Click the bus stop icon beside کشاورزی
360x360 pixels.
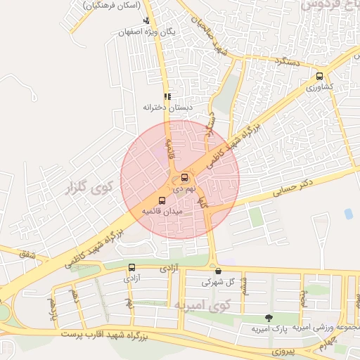(x=321, y=77)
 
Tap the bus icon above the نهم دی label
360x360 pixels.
(x=184, y=177)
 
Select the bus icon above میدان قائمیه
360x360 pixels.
(x=162, y=200)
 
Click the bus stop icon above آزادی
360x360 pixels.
(x=131, y=267)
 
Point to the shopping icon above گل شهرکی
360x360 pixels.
(x=218, y=271)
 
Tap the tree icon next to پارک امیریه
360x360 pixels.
(x=268, y=318)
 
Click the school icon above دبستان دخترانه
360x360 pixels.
(x=167, y=97)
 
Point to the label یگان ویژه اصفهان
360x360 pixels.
(x=146, y=32)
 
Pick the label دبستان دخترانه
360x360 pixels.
(x=167, y=108)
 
